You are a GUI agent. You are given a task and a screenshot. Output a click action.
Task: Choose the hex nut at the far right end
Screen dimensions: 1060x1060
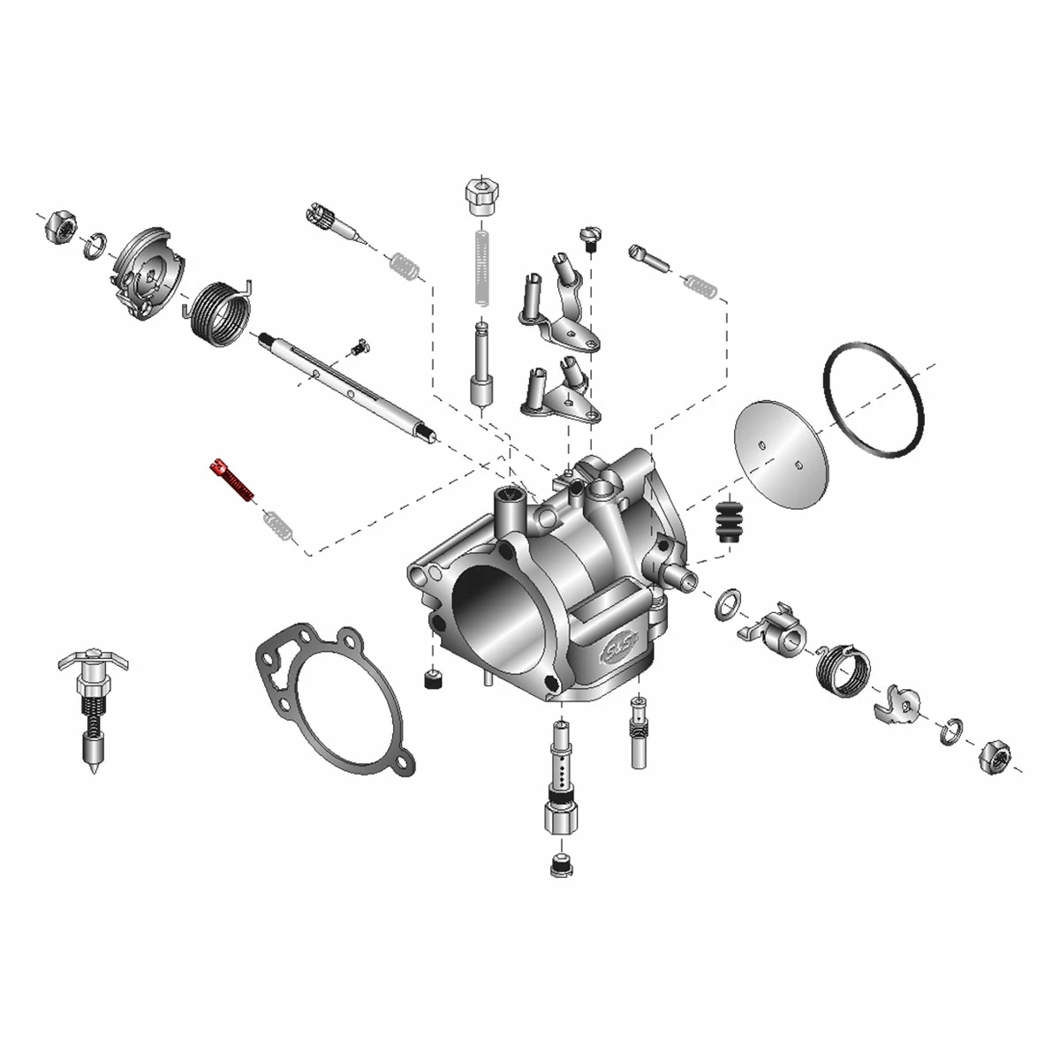point(996,756)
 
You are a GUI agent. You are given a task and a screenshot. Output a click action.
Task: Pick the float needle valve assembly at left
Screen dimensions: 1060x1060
point(92,707)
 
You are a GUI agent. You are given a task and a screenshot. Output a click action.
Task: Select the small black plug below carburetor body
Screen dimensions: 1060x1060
point(432,680)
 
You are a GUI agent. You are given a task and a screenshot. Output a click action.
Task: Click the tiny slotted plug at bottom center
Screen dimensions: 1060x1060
point(557,866)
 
